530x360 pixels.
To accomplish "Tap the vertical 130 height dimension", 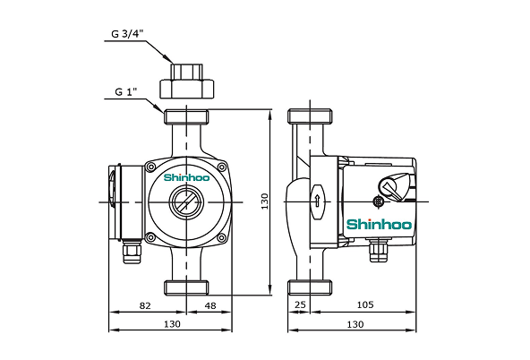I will tap(265, 203).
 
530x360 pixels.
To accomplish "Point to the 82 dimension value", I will tap(145, 305).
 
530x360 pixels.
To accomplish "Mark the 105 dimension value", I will tap(364, 305).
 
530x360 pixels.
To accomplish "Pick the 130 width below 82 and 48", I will tap(172, 323).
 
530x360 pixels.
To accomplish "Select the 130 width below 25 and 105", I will tap(355, 323).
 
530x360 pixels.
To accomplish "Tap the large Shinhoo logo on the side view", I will tap(378, 223).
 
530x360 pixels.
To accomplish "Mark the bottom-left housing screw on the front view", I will tap(150, 237).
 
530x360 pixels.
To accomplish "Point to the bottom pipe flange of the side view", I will tap(310, 287).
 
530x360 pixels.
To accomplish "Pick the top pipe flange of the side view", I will tap(310, 116).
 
